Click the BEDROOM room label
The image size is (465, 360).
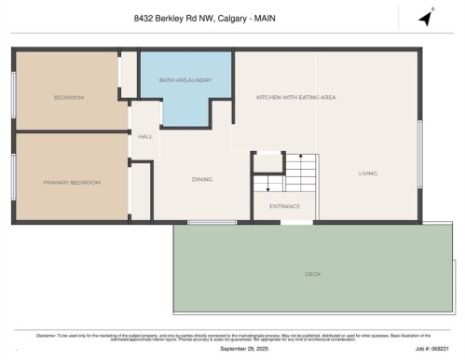(x=69, y=97)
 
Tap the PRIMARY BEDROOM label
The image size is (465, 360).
(x=72, y=182)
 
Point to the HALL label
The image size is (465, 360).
(x=145, y=137)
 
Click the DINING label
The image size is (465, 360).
(x=202, y=179)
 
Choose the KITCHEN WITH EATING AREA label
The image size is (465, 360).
(x=295, y=97)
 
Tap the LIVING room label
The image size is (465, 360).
(x=368, y=173)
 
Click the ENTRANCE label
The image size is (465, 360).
(x=284, y=206)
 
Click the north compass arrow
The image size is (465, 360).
(x=426, y=18)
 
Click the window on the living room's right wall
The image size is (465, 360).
(x=420, y=149)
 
